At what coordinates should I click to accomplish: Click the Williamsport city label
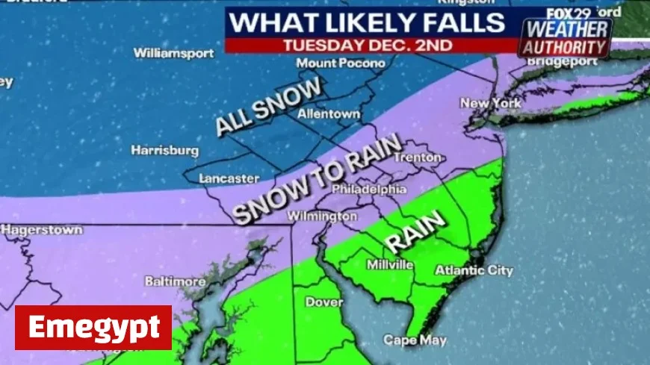coord(173,53)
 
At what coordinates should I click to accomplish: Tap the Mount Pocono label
coord(341,63)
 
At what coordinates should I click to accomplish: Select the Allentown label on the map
coord(329,115)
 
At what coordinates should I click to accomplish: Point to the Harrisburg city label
coord(165,150)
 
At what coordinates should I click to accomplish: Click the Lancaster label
coord(229,178)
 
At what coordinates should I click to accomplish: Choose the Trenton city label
coord(418,157)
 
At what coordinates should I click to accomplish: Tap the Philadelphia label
coord(368,190)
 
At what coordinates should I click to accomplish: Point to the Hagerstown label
coord(42,230)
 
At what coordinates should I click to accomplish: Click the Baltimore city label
coord(175,281)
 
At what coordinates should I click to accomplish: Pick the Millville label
coord(390,264)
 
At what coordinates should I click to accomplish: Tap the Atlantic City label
coord(474,270)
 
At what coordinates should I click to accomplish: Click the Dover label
coord(324,302)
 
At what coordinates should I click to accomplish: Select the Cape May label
coord(415,340)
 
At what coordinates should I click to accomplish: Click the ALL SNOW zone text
coord(269,106)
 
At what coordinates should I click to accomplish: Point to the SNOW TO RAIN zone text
coord(318,179)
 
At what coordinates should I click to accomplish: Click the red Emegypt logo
coord(93,328)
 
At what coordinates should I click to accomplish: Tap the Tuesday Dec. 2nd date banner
coord(367,45)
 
